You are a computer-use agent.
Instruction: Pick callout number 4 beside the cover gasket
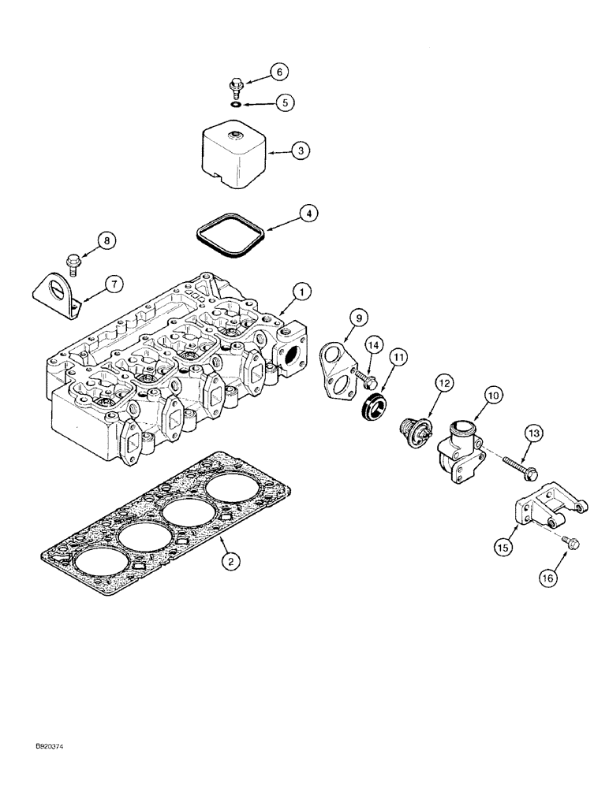[308, 213]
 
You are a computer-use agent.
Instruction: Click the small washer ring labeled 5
[235, 102]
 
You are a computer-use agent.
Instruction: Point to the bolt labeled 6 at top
[235, 85]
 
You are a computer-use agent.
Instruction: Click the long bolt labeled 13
[519, 463]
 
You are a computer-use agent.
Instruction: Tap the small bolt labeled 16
[571, 543]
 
